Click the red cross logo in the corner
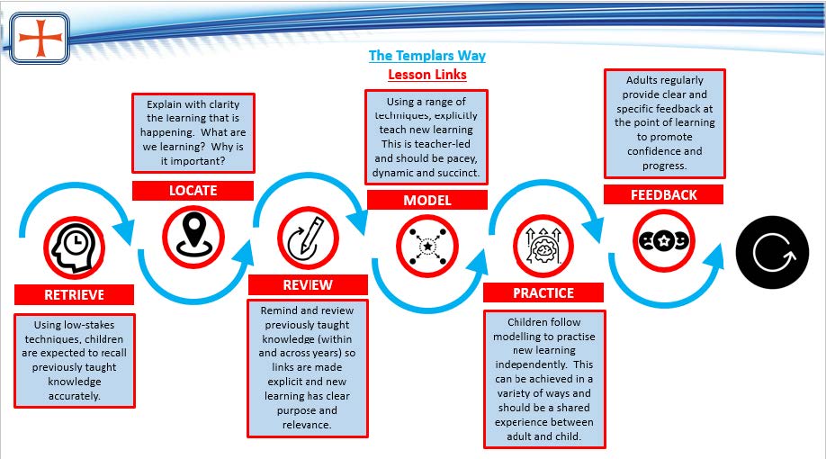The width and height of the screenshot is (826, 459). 40,38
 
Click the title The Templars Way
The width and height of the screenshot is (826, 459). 427,56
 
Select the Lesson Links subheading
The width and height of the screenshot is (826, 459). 427,75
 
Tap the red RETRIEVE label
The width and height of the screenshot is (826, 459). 75,294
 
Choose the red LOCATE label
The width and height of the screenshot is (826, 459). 193,191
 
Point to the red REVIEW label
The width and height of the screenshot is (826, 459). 308,284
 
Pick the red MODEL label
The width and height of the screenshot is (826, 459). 427,200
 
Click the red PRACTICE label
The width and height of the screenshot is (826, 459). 543,292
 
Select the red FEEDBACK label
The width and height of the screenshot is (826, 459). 663,194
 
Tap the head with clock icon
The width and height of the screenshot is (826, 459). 75,244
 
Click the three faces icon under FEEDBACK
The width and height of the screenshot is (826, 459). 663,240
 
